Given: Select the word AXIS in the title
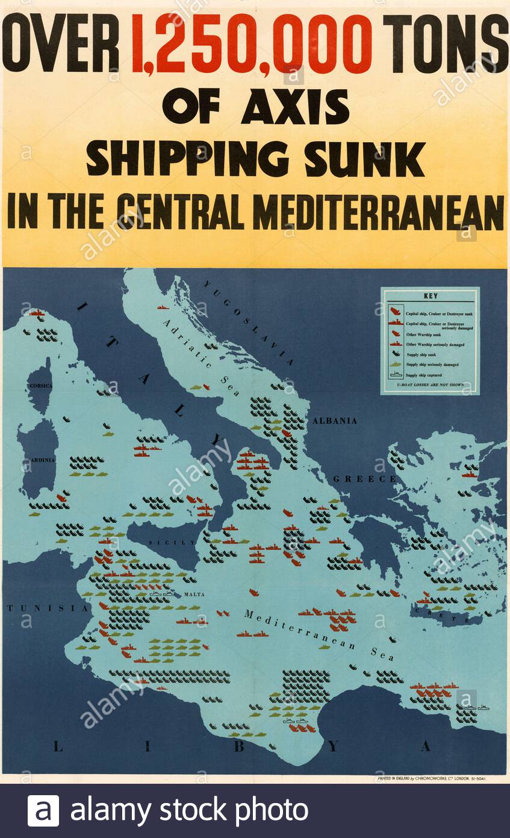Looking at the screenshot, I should [x=295, y=108].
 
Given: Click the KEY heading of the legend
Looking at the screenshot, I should [x=430, y=297].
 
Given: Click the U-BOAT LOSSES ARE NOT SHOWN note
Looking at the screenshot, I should [x=430, y=385].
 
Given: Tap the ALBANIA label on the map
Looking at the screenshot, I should [x=334, y=421].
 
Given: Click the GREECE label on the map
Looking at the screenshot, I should [x=365, y=479].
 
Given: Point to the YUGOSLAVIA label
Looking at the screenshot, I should [x=248, y=323].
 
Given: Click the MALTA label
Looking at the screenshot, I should [x=194, y=594].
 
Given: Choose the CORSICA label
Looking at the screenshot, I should [x=39, y=385].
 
